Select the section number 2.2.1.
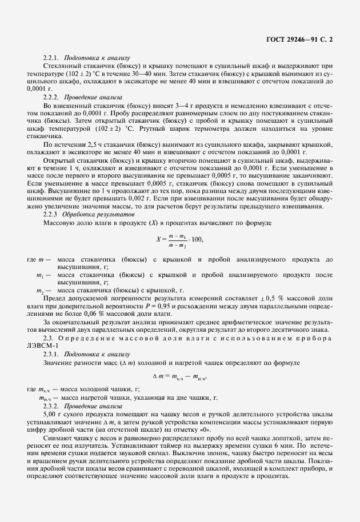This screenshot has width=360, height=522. [x=51, y=58]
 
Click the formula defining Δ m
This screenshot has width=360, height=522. [x=179, y=376]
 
